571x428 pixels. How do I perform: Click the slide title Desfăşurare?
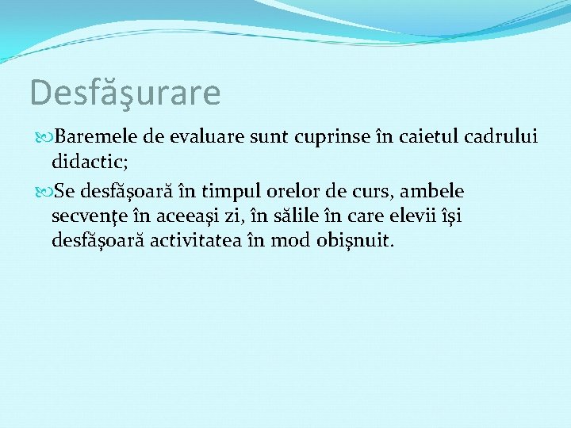[125, 93]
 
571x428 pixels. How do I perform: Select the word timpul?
[231, 192]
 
